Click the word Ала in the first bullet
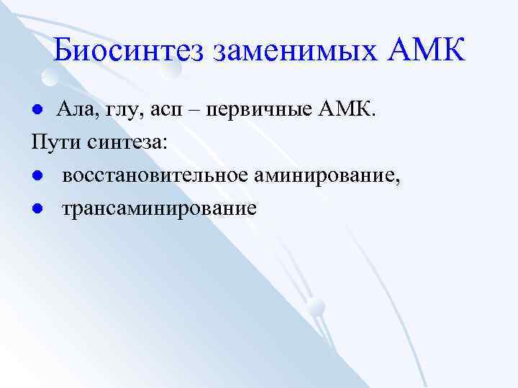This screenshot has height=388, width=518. pyautogui.click(x=74, y=108)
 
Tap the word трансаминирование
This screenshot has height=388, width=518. pyautogui.click(x=158, y=209)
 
